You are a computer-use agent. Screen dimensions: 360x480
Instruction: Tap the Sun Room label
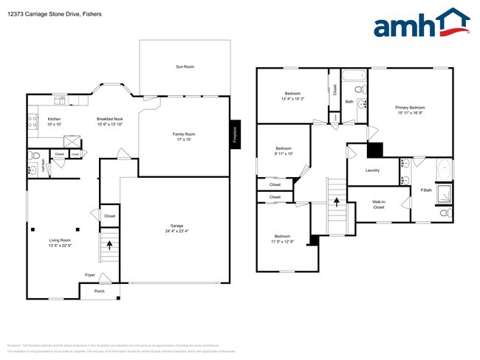tap(185, 67)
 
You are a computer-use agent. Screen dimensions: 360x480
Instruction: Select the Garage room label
tap(176, 226)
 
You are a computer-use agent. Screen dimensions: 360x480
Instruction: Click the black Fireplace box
tap(235, 134)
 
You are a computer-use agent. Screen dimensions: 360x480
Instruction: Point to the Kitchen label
tap(54, 119)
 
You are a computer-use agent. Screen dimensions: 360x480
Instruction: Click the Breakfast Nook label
tap(110, 119)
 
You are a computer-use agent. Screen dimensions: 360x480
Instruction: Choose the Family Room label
tap(184, 134)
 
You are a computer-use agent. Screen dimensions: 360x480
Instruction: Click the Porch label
tap(99, 291)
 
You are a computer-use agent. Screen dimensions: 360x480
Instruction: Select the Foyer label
tap(89, 274)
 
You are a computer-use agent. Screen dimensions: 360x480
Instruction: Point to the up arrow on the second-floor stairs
tap(337, 200)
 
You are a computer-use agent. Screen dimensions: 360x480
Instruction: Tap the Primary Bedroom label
tap(410, 108)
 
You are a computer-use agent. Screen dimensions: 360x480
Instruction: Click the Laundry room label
tap(373, 170)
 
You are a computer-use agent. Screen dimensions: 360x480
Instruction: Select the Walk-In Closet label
tap(378, 204)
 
